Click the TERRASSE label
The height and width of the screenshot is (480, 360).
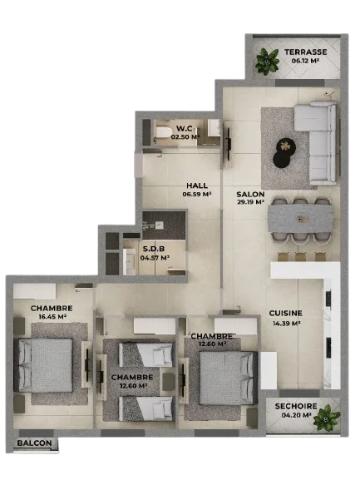[x=305, y=52]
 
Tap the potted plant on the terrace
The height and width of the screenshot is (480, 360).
[x=268, y=62]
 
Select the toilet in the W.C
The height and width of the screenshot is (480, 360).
[x=163, y=132]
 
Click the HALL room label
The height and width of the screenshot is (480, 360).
[x=197, y=186]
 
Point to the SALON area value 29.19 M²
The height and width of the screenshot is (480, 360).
[x=250, y=202]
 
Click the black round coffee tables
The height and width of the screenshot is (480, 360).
[x=284, y=153]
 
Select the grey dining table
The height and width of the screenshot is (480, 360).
[x=300, y=218]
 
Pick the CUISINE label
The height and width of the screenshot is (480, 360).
[x=286, y=313]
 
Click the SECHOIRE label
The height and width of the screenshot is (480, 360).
[x=296, y=407]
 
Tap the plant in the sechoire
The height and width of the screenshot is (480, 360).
[x=327, y=418]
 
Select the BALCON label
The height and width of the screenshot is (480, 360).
[x=34, y=443]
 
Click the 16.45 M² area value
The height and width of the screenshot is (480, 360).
[x=52, y=316]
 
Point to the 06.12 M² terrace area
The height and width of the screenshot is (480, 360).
[x=305, y=61]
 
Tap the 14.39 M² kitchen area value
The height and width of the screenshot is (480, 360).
[x=286, y=324]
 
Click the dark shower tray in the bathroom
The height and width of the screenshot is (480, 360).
[x=164, y=225]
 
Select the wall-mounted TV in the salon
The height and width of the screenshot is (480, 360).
[x=228, y=144]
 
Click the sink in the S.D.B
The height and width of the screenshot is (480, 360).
[x=130, y=262]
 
